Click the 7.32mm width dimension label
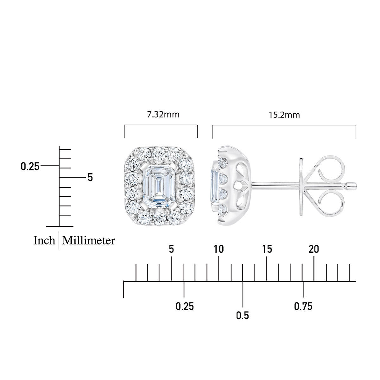coord(163,115)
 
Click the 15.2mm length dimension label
coord(284,115)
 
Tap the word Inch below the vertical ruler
coord(44,240)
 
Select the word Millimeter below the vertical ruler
coord(89,240)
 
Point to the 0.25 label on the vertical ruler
coord(30,167)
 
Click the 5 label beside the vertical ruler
coord(90,177)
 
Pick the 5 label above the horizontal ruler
coord(171,249)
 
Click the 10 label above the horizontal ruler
coord(219,249)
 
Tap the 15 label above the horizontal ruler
coord(267,249)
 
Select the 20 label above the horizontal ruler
coord(314,249)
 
